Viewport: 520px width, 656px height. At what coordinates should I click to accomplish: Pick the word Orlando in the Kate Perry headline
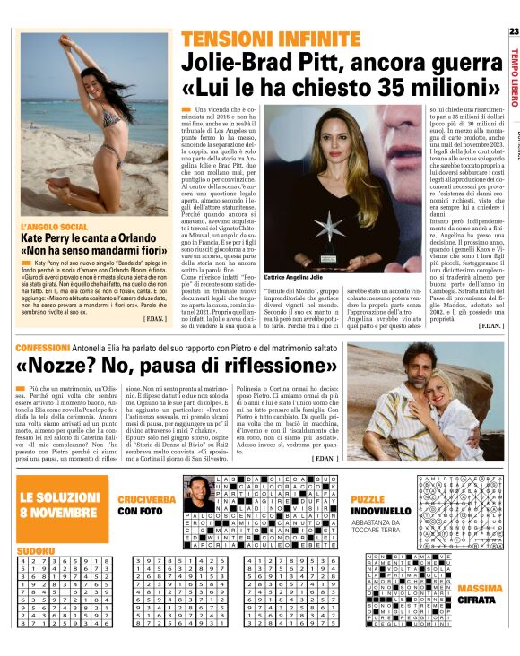pos(145,238)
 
